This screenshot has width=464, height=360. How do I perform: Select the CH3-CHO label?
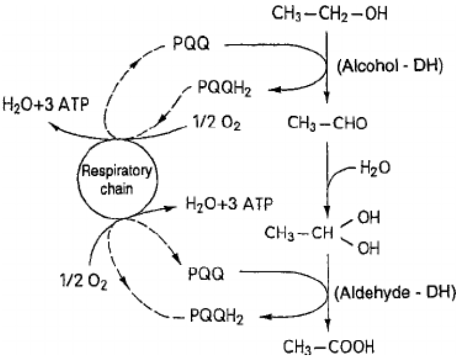[328, 123]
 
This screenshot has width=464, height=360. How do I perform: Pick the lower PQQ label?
[207, 274]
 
